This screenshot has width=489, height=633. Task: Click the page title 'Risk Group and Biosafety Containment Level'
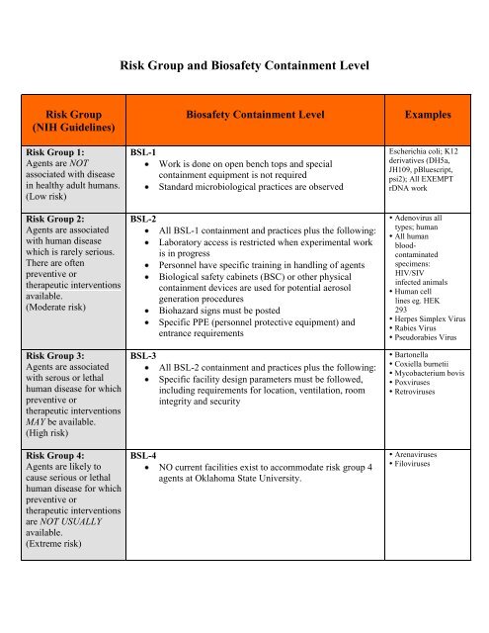(244, 66)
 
